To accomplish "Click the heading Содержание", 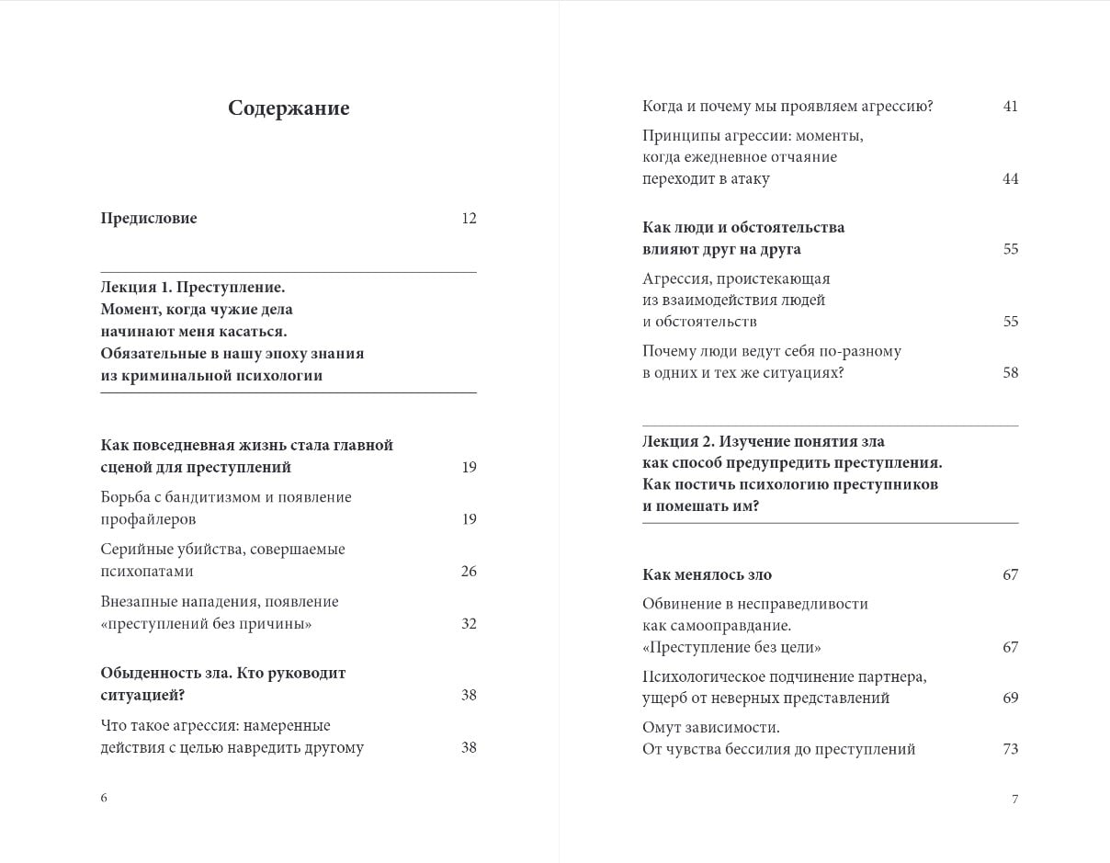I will point(289,108).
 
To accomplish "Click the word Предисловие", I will point(149,219).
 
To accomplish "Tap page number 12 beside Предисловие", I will point(469,219).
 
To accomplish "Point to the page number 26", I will point(469,572).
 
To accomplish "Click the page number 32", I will point(469,624).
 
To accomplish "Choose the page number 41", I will point(1011,107).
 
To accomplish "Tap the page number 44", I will point(1011,179).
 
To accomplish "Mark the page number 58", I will point(1011,373).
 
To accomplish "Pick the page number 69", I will point(1011,698).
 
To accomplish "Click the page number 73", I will point(1011,749).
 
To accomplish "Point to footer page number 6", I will point(104,798).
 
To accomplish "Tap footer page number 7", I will point(1014,799).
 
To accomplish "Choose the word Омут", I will point(662,728).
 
